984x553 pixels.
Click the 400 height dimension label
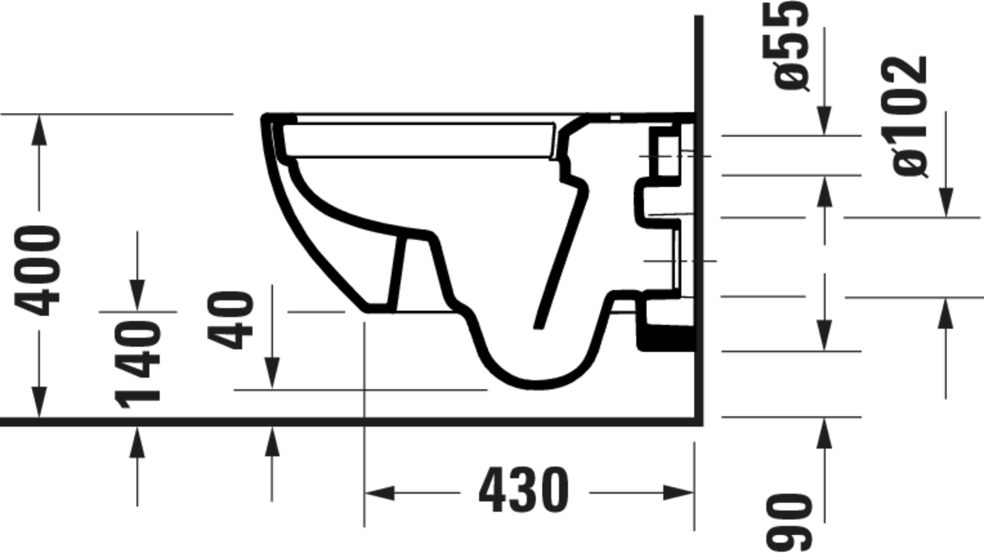[37, 271]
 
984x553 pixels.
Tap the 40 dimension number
[230, 320]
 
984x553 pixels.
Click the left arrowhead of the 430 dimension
[379, 493]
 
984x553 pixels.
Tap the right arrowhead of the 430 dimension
[678, 493]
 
